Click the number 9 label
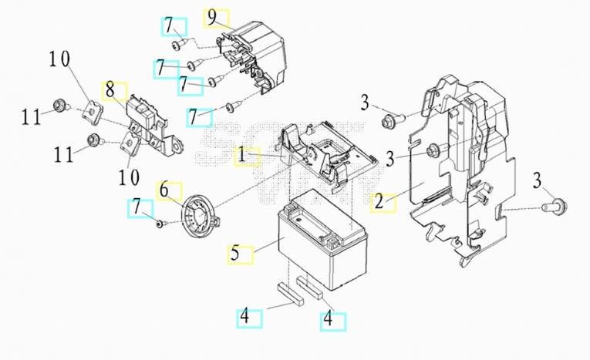[213, 18]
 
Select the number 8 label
[110, 90]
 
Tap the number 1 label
[242, 156]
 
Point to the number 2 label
[379, 202]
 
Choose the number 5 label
[235, 253]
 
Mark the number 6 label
[164, 190]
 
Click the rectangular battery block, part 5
[322, 240]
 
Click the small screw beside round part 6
[160, 224]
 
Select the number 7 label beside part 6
[137, 208]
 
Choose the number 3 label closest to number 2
[390, 159]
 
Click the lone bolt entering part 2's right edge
[555, 207]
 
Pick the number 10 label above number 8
[59, 59]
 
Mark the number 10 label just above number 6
[129, 177]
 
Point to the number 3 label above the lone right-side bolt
[538, 180]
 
